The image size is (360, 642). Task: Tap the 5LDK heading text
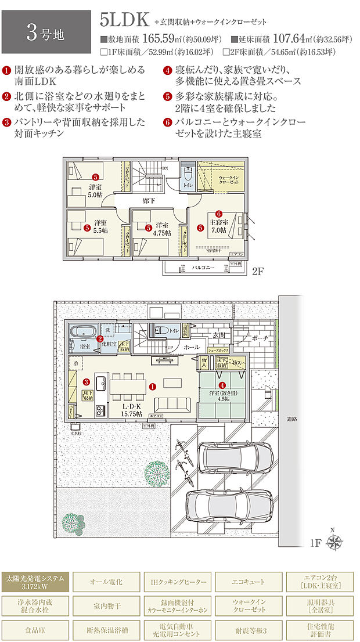click(x=125, y=19)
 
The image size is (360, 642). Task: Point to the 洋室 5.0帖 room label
click(x=95, y=190)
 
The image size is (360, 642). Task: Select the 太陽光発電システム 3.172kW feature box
click(x=36, y=581)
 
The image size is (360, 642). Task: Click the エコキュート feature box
click(x=250, y=581)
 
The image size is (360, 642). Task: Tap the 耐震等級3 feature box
click(x=250, y=629)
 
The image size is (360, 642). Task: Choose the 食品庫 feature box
click(x=36, y=629)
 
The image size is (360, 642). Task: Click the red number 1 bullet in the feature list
click(x=7, y=70)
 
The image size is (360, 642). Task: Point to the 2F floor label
click(x=258, y=271)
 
